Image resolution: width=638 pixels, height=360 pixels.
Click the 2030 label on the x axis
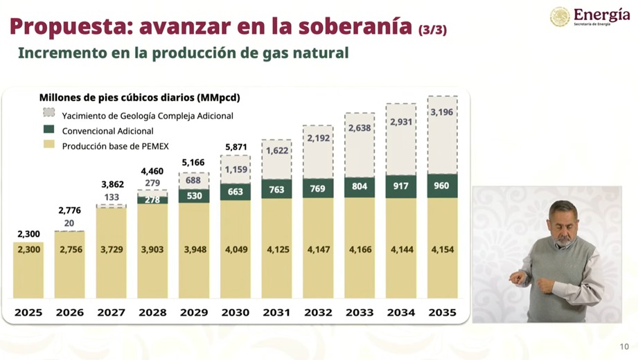235,312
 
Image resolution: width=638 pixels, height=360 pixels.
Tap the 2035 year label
442,312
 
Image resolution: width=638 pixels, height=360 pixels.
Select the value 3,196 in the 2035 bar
442,112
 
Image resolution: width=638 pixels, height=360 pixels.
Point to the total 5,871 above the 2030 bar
235,147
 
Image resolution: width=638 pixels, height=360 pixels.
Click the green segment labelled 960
442,186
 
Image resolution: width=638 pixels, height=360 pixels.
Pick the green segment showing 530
193,195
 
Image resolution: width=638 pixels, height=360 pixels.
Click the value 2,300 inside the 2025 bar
28,249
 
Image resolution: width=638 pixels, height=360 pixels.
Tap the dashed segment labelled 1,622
276,150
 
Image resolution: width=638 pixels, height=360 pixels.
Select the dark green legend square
48,129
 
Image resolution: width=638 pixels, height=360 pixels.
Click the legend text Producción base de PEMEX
115,146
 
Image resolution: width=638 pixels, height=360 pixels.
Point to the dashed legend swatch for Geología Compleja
48,113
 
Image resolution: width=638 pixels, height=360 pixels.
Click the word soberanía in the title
355,26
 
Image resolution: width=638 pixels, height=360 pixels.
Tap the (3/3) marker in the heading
432,29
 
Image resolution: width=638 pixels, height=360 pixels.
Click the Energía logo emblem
560,17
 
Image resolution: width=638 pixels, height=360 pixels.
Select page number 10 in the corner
624,347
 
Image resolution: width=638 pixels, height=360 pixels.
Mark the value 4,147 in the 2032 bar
318,249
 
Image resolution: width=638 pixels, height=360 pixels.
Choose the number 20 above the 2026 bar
69,223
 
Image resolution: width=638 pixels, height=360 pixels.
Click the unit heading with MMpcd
139,98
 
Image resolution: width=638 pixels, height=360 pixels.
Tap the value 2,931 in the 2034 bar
401,122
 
